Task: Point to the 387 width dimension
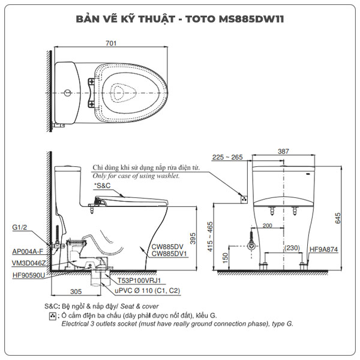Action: point(283,152)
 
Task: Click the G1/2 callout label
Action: point(19,227)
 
